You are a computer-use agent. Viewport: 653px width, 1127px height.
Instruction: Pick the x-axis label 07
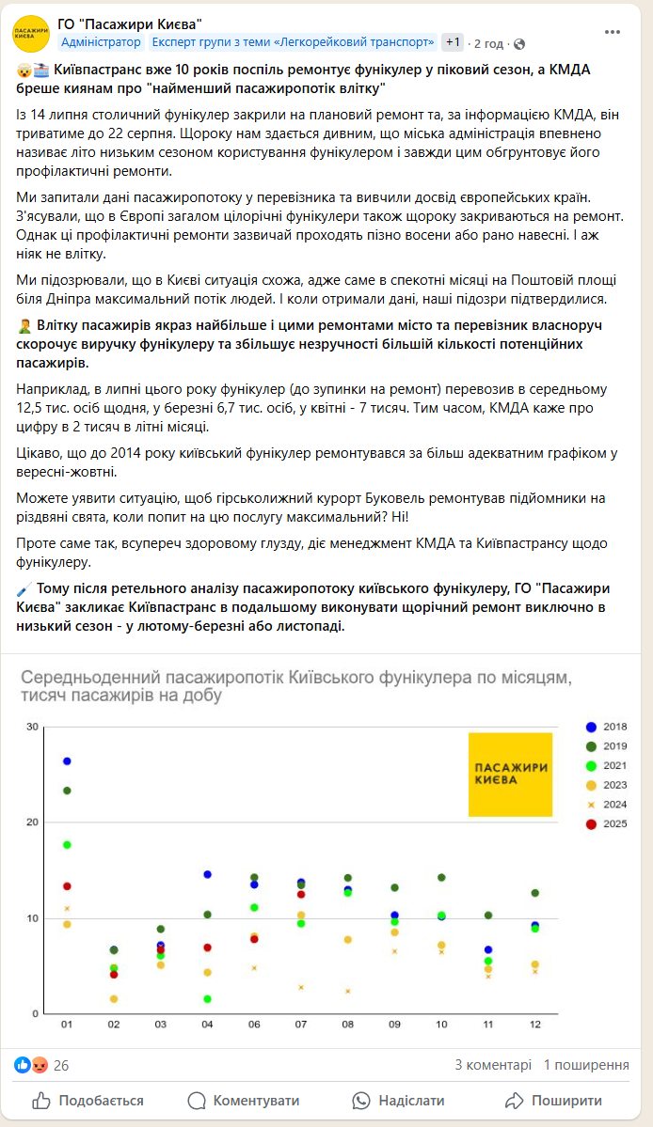301,1024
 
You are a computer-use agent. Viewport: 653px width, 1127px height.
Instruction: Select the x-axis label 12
534,1024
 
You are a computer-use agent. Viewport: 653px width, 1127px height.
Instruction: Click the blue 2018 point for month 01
67,760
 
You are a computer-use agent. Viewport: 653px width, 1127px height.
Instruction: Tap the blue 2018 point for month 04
207,874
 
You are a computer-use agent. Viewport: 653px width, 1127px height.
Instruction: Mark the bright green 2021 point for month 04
207,999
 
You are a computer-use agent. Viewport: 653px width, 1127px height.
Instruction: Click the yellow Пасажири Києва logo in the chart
511,774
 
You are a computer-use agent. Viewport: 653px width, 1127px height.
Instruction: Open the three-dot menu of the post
613,31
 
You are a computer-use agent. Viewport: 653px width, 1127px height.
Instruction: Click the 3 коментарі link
493,1065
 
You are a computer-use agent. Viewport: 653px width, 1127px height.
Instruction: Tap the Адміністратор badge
102,42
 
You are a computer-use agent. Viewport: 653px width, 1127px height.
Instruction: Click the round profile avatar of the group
31,33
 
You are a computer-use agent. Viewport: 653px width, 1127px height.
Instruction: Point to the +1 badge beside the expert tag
454,42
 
